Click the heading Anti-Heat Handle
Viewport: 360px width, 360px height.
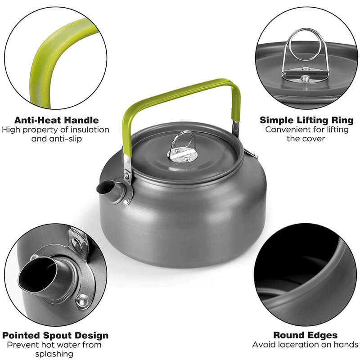[x=57, y=120]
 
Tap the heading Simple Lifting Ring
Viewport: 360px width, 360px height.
[x=306, y=120]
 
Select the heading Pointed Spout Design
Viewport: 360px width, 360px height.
[x=55, y=335]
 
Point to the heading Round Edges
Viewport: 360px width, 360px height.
[x=306, y=335]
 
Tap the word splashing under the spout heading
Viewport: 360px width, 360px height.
[x=54, y=354]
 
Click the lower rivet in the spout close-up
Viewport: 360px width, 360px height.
[x=82, y=301]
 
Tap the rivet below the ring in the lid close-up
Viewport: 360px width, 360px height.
[x=305, y=79]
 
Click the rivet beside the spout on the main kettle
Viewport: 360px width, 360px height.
[x=126, y=202]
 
